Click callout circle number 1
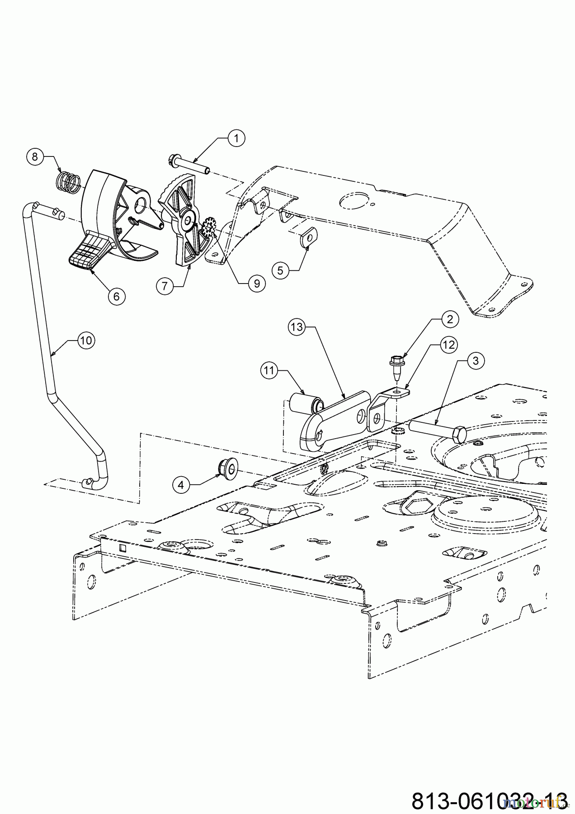(x=236, y=138)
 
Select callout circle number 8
(x=35, y=157)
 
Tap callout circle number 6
(x=116, y=296)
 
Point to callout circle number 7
(x=165, y=285)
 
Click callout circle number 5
(x=280, y=270)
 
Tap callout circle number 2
(x=450, y=320)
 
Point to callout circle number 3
(x=475, y=360)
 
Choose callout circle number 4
(x=181, y=485)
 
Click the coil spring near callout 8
(x=68, y=181)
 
